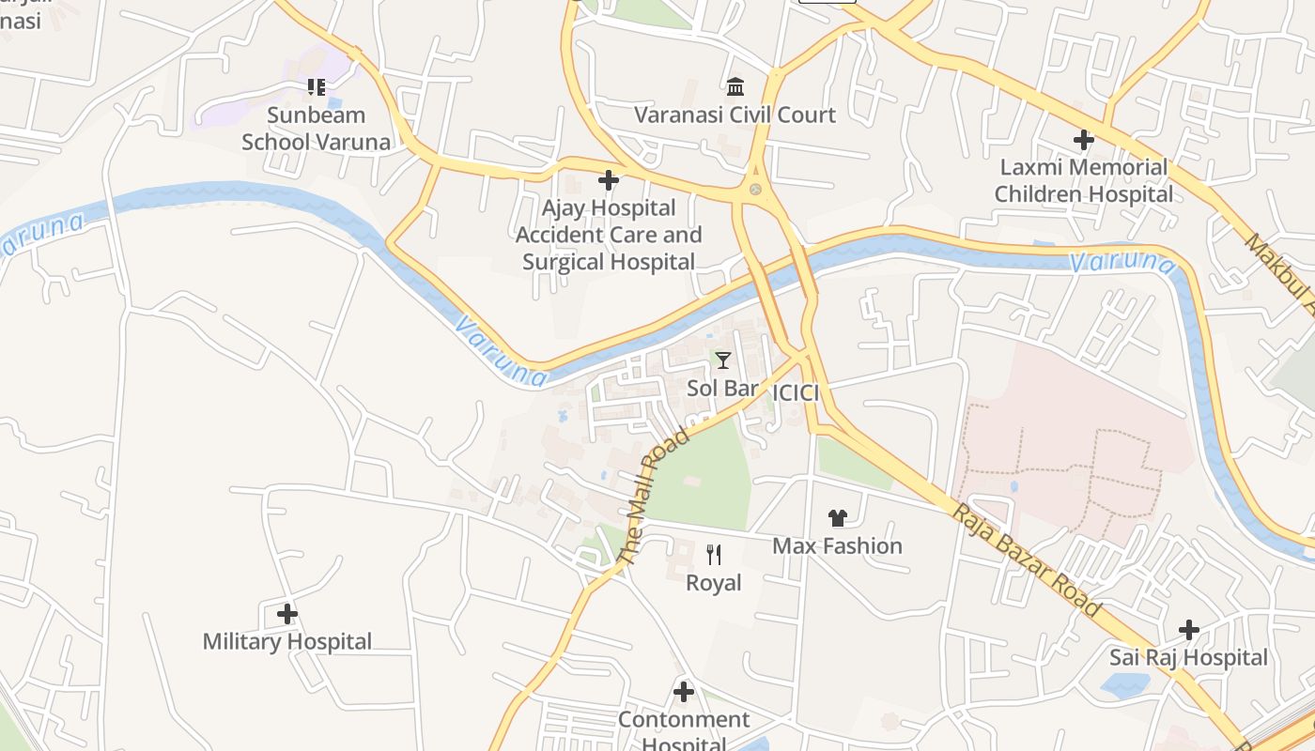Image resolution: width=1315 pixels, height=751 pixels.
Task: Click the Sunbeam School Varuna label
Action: [316, 129]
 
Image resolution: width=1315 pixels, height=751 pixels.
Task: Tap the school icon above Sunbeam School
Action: [317, 87]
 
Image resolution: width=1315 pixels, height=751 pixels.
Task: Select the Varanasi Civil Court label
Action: [735, 115]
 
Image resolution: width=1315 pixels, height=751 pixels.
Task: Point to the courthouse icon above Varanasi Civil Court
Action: [735, 87]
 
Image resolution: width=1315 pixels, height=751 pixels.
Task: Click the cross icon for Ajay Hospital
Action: [609, 179]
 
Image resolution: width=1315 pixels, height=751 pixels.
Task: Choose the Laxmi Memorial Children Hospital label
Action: [1083, 181]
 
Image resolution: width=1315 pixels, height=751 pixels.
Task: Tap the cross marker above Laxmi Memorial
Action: [1084, 141]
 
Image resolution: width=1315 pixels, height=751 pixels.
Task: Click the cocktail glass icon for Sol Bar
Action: [722, 360]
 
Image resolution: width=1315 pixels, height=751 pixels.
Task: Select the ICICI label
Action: [795, 393]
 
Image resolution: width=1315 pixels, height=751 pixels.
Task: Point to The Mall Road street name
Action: [655, 497]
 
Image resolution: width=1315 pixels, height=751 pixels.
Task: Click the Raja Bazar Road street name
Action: [1027, 560]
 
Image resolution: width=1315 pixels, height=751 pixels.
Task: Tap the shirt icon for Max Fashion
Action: [838, 517]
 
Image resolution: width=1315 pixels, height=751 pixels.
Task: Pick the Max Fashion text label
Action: [837, 546]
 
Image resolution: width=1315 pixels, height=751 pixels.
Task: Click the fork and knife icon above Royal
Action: [714, 555]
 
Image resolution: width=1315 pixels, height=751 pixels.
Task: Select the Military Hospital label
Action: [287, 642]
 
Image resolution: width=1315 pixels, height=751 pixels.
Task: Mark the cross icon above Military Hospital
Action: [287, 614]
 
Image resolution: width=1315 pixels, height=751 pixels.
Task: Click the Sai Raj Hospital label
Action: [1188, 658]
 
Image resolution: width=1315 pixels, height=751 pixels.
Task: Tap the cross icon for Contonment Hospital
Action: [684, 692]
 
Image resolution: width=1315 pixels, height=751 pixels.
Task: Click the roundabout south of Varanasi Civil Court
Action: [755, 190]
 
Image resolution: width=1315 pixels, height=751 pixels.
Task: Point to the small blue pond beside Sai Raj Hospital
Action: [1123, 684]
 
